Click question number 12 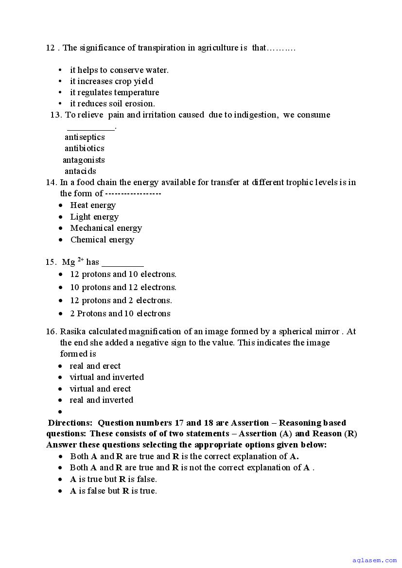tap(50, 48)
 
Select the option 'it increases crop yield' tap(111, 81)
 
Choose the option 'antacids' tap(80, 171)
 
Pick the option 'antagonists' tap(84, 160)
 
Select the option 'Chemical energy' tap(102, 240)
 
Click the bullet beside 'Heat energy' tap(61, 206)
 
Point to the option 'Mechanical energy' tap(106, 228)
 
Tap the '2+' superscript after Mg tap(81, 260)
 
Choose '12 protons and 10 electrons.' tap(123, 274)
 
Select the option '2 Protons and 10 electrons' tap(120, 313)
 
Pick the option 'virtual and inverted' tap(106, 377)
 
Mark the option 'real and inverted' tap(101, 400)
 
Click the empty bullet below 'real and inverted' tap(61, 412)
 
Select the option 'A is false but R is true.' tap(113, 491)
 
